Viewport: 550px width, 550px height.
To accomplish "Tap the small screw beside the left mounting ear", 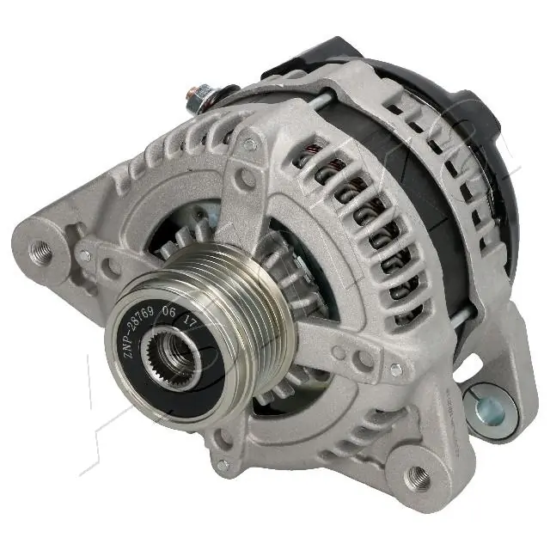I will pos(83,255).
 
